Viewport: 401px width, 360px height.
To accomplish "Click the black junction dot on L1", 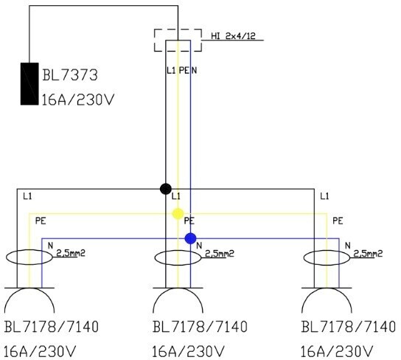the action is click(x=166, y=189).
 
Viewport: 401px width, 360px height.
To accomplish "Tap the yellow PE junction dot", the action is click(x=178, y=214).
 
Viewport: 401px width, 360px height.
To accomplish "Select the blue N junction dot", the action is click(x=190, y=238).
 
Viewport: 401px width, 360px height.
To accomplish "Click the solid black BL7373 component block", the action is click(x=29, y=84).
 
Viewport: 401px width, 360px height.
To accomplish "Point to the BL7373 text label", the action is click(x=70, y=75).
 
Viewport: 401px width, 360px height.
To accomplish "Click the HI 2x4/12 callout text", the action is click(x=233, y=36).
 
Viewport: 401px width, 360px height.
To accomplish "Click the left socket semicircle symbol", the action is click(x=29, y=288).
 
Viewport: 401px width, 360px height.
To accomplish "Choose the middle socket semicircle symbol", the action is click(x=178, y=288).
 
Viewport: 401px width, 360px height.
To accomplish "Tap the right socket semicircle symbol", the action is click(x=327, y=288).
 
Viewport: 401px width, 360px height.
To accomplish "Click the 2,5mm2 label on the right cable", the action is click(x=368, y=254).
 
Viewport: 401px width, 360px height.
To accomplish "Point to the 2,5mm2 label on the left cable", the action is click(x=71, y=253).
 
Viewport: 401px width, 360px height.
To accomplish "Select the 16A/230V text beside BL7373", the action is click(x=77, y=100).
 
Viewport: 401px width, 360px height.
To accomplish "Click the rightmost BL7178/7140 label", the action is click(x=349, y=327).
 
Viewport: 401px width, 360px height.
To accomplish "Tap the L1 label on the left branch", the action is click(x=27, y=196).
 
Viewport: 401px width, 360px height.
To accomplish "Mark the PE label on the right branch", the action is click(x=338, y=221).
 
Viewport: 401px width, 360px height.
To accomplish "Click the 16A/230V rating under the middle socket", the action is click(x=188, y=352).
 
